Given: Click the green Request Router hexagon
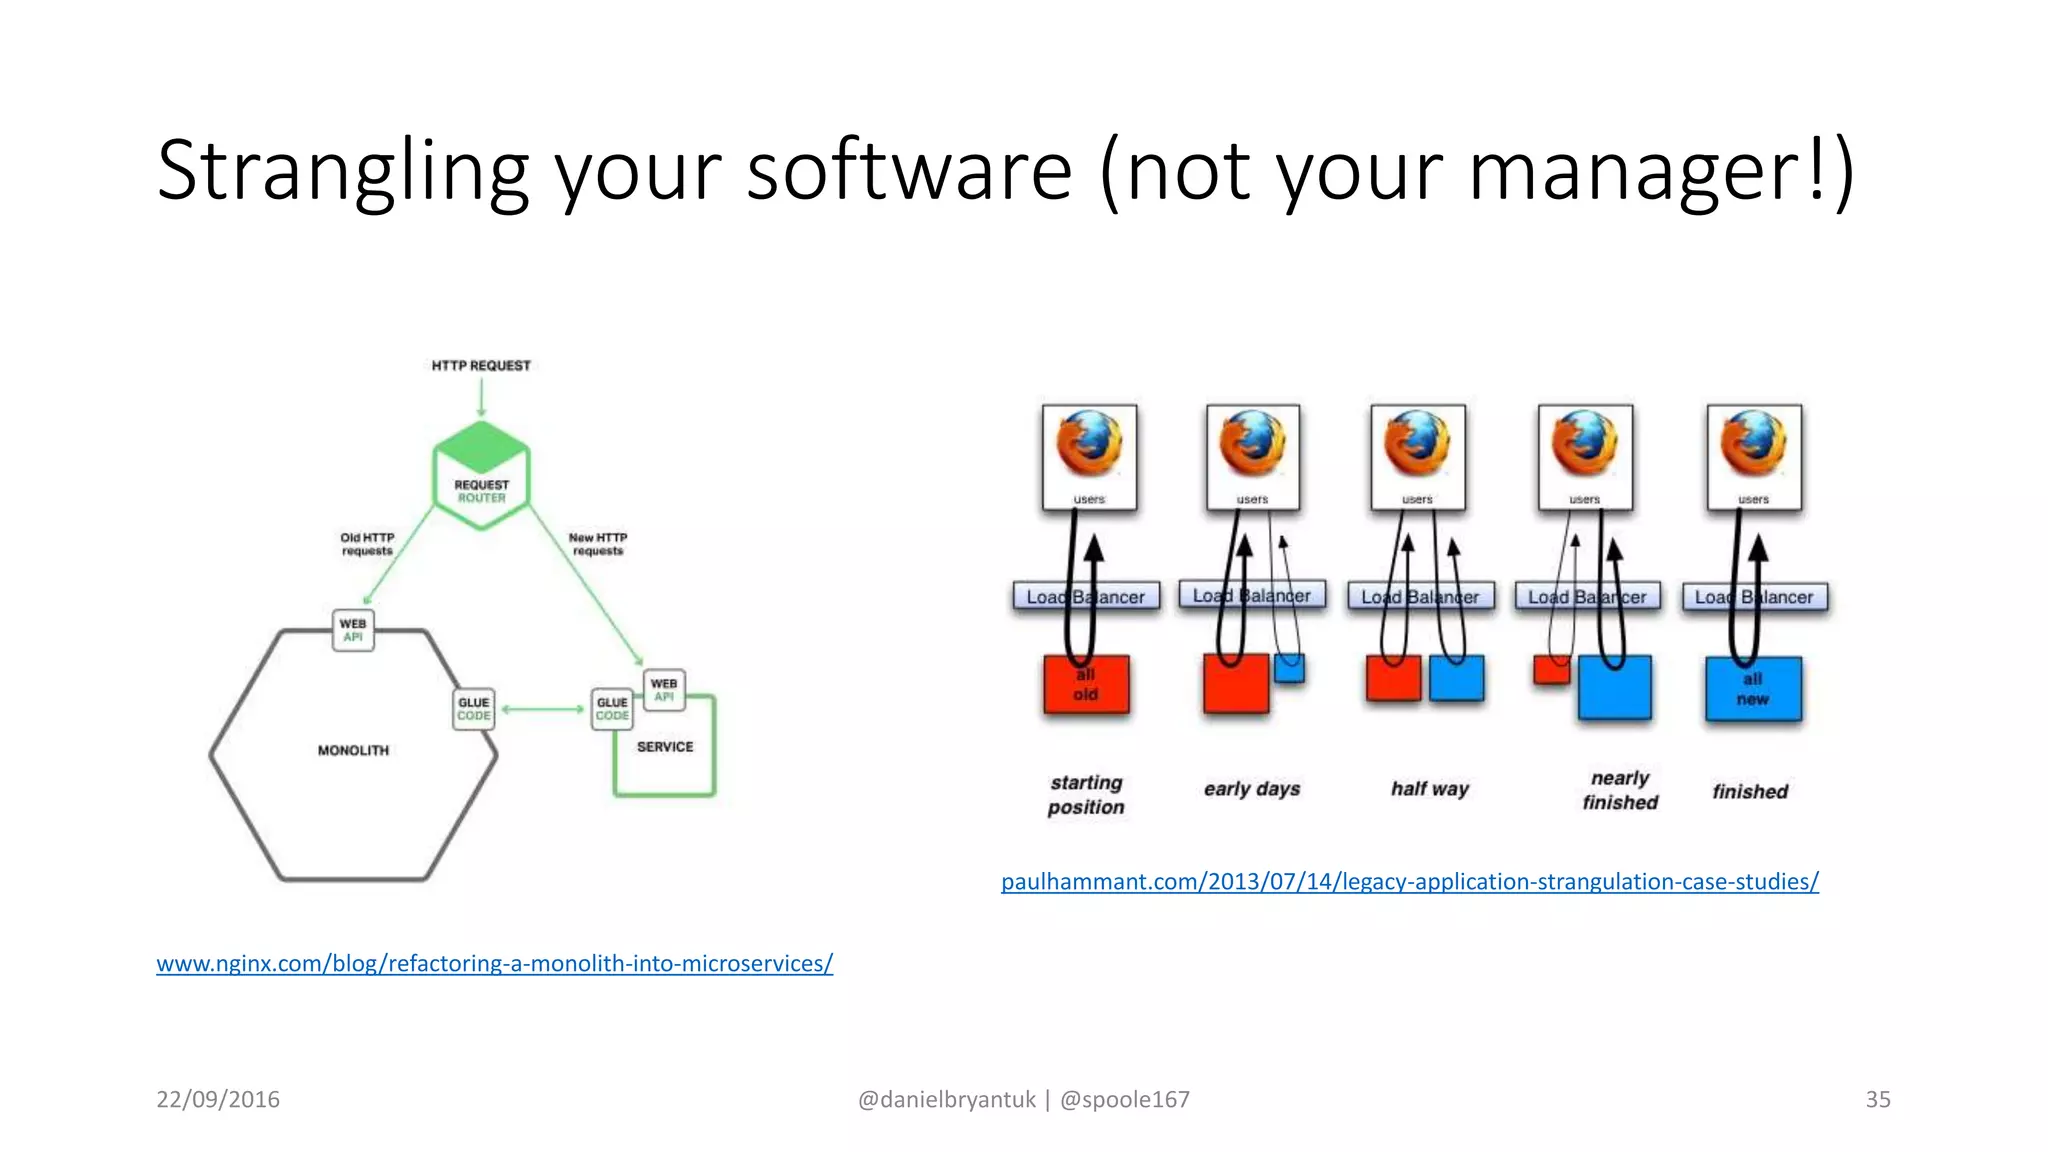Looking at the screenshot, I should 481,475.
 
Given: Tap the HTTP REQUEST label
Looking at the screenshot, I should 481,366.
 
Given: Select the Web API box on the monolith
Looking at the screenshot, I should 353,630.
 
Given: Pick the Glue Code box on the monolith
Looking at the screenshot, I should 474,709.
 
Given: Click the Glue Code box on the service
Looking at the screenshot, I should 612,709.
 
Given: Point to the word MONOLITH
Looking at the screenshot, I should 353,750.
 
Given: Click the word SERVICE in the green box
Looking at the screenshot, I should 665,747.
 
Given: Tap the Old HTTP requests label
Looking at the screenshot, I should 367,544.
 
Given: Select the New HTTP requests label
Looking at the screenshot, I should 598,544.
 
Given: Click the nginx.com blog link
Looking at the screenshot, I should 494,963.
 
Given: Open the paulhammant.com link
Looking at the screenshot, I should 1410,881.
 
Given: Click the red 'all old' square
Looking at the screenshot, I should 1086,685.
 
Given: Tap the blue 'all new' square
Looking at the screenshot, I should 1753,689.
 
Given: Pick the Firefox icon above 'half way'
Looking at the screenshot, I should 1417,443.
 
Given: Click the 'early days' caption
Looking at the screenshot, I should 1252,789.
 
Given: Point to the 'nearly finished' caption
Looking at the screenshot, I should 1620,790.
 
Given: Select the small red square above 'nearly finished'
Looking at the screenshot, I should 1551,669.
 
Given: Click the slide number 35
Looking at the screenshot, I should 1877,1099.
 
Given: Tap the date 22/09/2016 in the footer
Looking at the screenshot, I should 218,1099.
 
